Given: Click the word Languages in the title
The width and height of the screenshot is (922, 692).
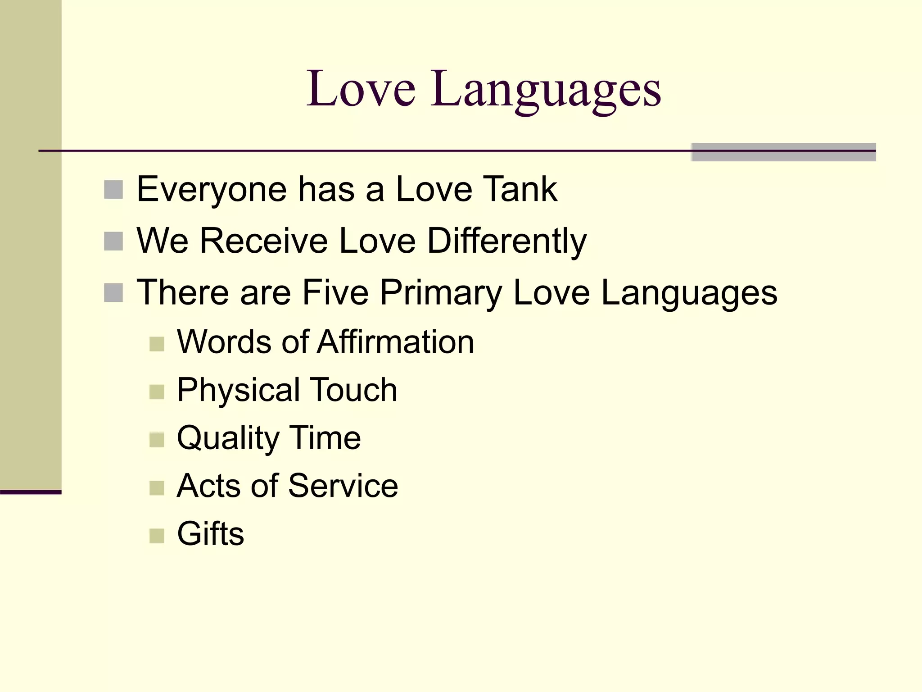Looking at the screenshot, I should [x=546, y=90].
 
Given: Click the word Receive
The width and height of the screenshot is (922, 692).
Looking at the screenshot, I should [x=264, y=241].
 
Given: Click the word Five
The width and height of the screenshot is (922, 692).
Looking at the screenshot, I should [x=335, y=292].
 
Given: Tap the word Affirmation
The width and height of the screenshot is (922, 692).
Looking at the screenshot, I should [x=395, y=342].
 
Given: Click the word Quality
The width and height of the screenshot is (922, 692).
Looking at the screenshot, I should [x=228, y=438].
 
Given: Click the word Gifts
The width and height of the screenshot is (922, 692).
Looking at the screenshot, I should [x=210, y=534].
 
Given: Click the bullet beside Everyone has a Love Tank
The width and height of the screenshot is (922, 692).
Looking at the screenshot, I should [x=113, y=190].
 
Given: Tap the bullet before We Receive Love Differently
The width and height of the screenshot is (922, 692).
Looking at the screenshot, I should [x=113, y=241].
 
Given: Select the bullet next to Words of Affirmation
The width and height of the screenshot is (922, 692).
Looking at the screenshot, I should [x=157, y=344].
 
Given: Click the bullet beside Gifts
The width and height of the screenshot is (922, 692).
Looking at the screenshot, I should [x=157, y=536].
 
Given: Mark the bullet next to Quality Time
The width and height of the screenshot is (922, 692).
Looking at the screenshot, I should [x=157, y=440].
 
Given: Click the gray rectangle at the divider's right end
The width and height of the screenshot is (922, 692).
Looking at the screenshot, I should [x=783, y=152].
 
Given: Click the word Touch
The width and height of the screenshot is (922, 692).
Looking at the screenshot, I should [x=354, y=390].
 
